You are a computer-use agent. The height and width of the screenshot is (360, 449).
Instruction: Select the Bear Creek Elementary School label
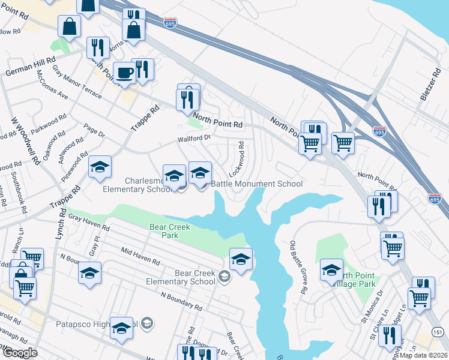pos(194,277)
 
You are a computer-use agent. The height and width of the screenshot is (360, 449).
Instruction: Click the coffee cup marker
pos(124,73)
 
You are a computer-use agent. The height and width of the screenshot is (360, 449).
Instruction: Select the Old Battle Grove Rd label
pos(298,268)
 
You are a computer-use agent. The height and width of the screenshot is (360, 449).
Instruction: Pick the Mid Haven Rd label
pos(140,256)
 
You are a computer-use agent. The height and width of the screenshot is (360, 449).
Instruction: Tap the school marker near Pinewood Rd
pos(100,167)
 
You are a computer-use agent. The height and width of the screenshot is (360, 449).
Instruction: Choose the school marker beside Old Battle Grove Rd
pos(331,271)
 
